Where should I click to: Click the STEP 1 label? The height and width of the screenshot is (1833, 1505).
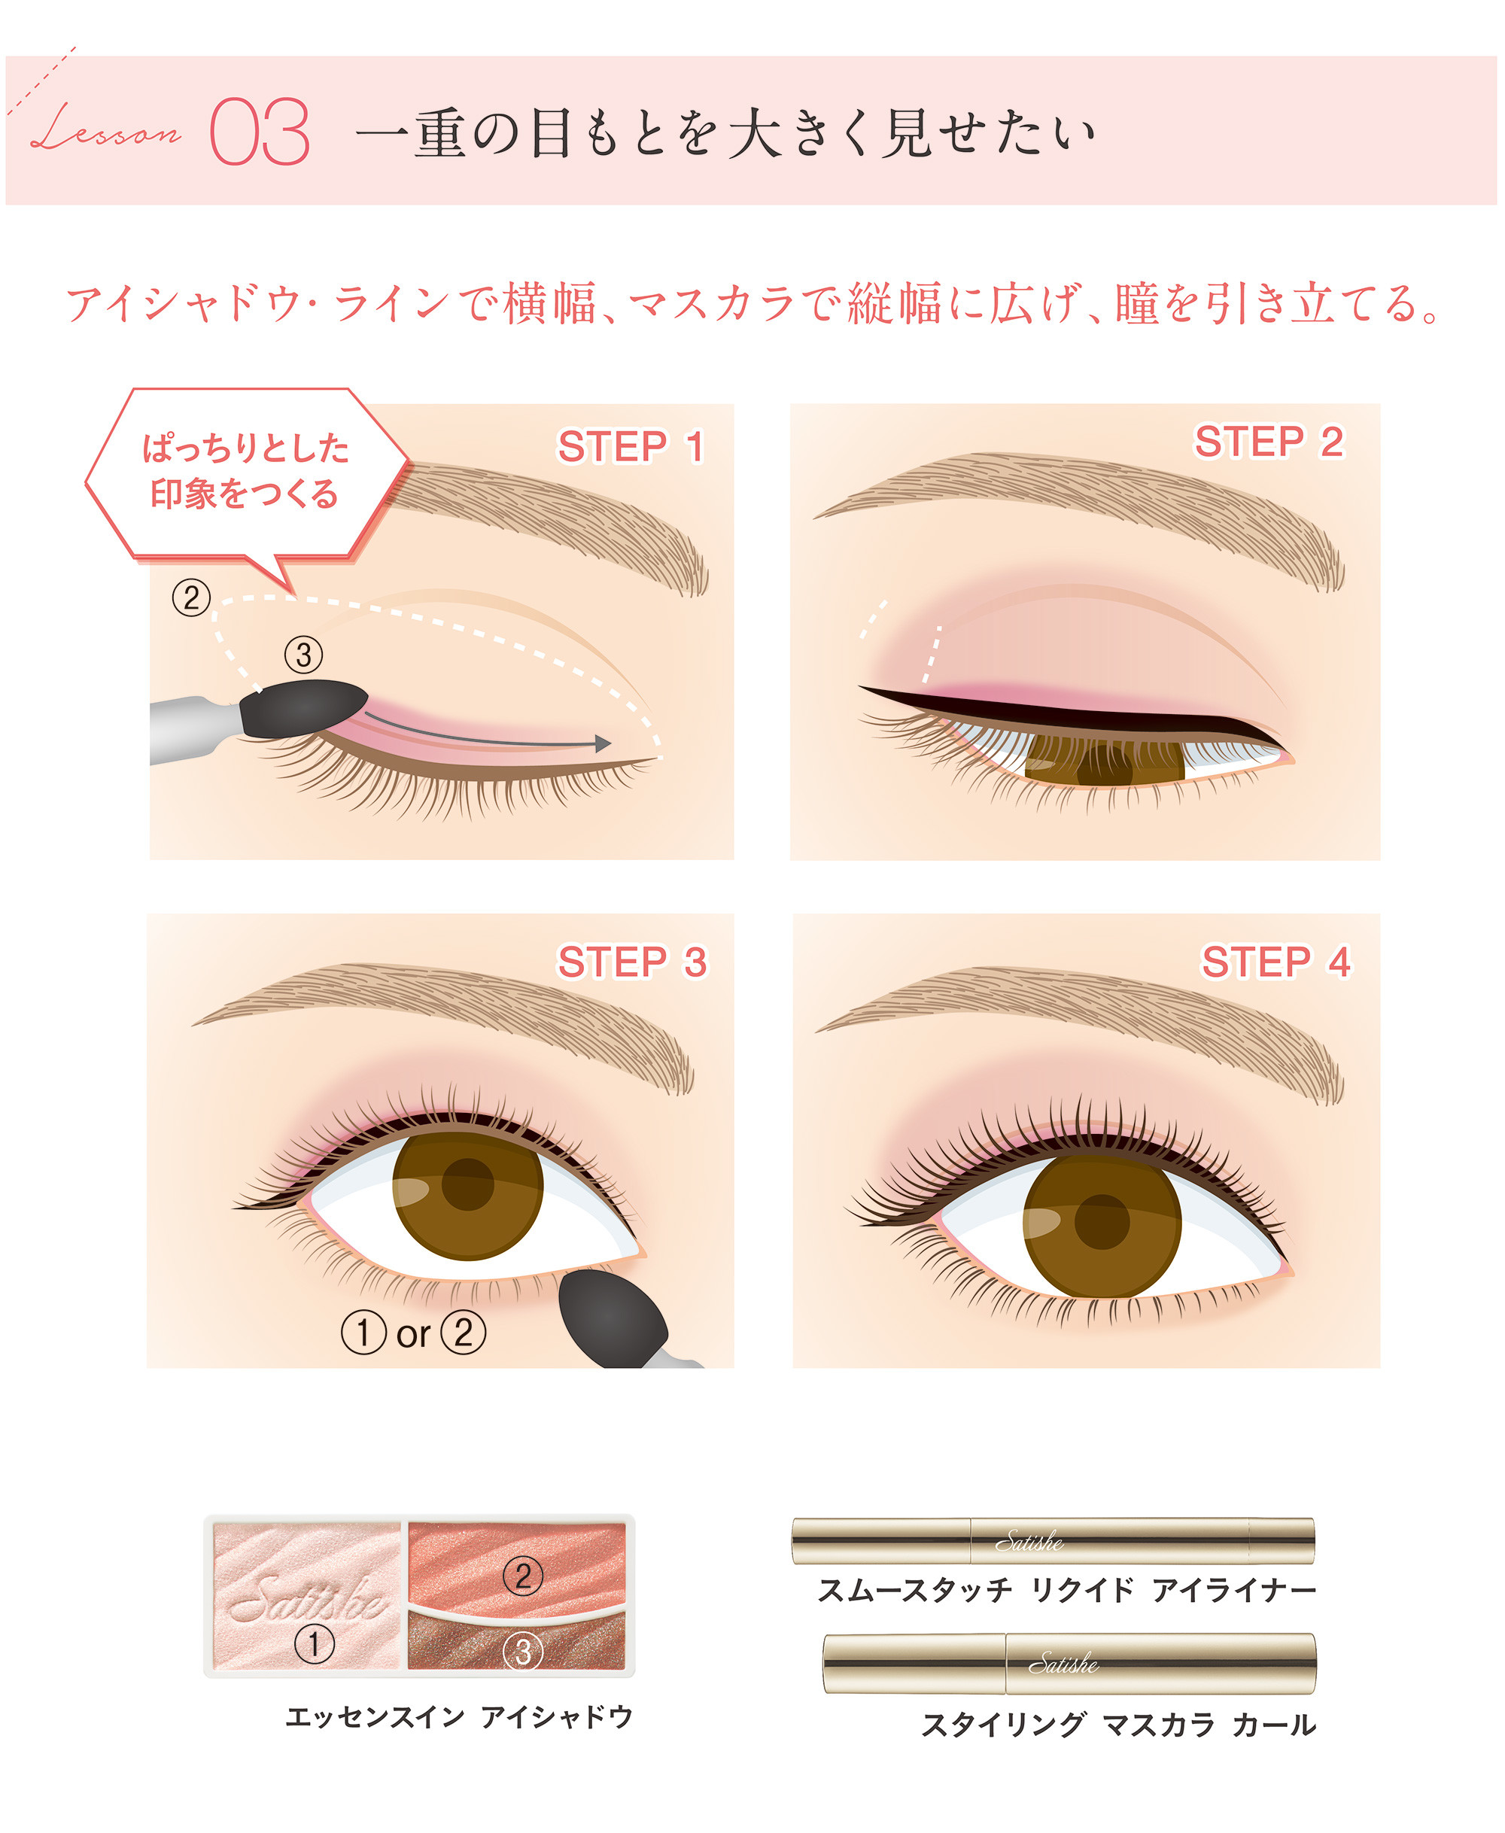pyautogui.click(x=631, y=447)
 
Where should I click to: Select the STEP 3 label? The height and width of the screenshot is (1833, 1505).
pyautogui.click(x=632, y=962)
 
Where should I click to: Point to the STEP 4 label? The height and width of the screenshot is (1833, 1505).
pyautogui.click(x=1275, y=962)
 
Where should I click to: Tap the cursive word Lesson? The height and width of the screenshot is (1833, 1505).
pyautogui.click(x=106, y=127)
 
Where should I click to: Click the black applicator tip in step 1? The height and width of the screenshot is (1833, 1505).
pyautogui.click(x=303, y=708)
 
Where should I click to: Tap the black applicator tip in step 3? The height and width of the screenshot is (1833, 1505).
pyautogui.click(x=611, y=1318)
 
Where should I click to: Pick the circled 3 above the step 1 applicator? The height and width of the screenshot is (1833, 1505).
pyautogui.click(x=303, y=655)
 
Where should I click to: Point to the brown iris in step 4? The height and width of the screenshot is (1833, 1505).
pyautogui.click(x=1102, y=1222)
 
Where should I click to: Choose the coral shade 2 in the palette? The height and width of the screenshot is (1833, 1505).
pyautogui.click(x=517, y=1570)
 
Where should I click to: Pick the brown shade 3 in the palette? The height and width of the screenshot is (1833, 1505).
pyautogui.click(x=517, y=1643)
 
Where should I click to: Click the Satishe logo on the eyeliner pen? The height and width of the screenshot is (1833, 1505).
pyautogui.click(x=1029, y=1542)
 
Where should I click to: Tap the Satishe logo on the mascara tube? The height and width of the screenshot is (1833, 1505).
pyautogui.click(x=1064, y=1664)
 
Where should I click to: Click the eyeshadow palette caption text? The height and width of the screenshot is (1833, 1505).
pyautogui.click(x=460, y=1717)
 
